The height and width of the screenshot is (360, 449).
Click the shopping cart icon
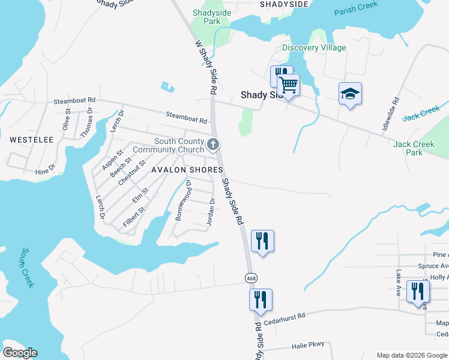(289, 85)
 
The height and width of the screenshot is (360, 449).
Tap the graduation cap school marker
(350, 94)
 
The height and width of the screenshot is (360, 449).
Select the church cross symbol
(213, 144)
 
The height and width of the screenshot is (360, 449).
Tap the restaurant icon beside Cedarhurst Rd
(261, 299)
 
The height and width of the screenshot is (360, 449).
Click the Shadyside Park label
(207, 16)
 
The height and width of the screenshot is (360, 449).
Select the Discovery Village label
(314, 48)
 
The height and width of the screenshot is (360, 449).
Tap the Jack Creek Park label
(414, 148)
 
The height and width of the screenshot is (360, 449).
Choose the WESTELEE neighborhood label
(31, 140)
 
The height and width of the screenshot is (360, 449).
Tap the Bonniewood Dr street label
(184, 200)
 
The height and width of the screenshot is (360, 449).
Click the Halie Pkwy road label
(307, 345)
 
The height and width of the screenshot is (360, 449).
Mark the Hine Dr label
(45, 172)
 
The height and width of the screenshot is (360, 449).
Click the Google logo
(20, 353)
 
